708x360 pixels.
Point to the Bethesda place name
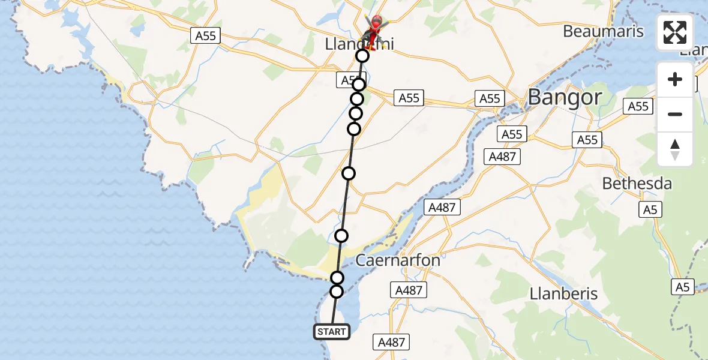point(637,183)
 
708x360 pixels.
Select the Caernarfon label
point(398,260)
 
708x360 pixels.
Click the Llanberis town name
point(563,293)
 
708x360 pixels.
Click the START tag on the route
point(331,331)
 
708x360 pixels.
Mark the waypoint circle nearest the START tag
point(337,292)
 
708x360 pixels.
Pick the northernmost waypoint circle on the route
point(362,56)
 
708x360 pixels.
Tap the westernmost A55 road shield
point(205,36)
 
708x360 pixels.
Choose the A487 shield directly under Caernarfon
point(409,290)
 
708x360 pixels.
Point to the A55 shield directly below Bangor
point(512,134)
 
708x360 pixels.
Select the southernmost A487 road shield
point(391,342)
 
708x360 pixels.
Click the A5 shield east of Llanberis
point(683,287)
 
